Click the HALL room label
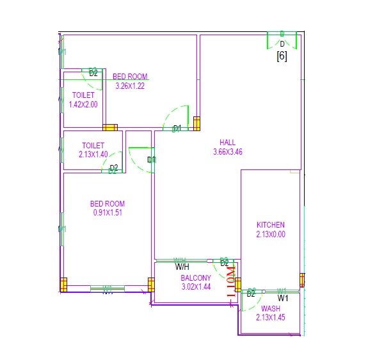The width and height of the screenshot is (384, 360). tap(228, 142)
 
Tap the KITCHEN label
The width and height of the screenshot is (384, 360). tap(270, 225)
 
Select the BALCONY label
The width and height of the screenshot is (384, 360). tap(195, 278)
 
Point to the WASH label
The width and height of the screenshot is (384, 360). tap(270, 308)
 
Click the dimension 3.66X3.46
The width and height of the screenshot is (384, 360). tap(228, 152)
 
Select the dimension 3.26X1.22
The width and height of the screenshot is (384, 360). tap(130, 86)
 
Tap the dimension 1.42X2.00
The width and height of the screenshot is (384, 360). tap(83, 105)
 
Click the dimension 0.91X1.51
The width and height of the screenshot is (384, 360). tap(107, 214)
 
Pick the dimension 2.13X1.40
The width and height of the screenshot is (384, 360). tap(93, 155)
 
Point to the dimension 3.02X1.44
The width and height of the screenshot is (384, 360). tap(195, 288)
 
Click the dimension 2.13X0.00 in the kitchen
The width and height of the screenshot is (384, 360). tap(270, 235)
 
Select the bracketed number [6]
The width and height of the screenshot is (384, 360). tap(282, 56)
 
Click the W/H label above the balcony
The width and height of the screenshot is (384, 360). tap(182, 266)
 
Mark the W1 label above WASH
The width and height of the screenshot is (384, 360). tap(283, 298)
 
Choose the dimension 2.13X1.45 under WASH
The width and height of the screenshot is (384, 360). tap(270, 317)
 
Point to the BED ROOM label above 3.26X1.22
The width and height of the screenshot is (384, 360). tap(130, 77)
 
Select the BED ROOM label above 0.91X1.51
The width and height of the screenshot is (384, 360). tap(107, 204)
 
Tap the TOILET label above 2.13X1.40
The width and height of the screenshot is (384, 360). tap(93, 145)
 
